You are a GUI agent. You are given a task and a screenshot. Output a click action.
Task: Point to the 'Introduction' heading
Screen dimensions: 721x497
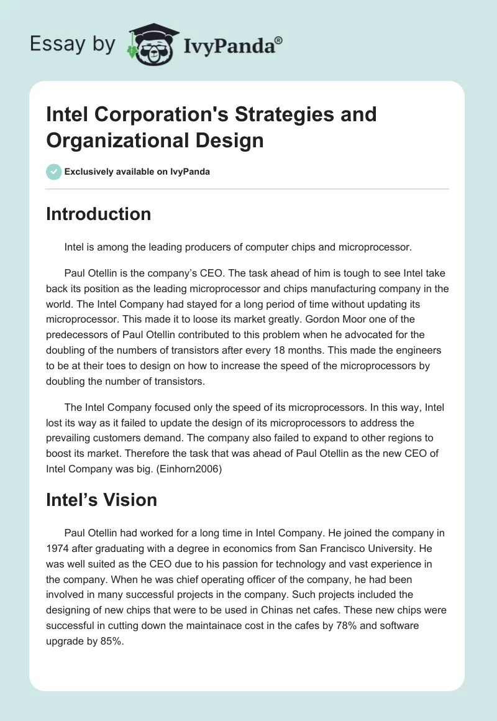98,214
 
